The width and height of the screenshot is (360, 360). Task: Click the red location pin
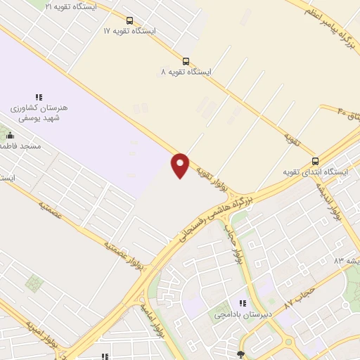click(x=181, y=165)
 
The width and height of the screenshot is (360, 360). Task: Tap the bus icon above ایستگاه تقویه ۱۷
click(x=129, y=21)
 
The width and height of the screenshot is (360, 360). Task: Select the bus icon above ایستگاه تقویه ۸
click(x=186, y=61)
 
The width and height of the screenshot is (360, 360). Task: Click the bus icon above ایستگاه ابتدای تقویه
click(x=315, y=160)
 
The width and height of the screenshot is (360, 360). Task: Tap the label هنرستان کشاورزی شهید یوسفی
click(x=39, y=114)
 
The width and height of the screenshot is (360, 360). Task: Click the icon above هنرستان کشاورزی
click(x=39, y=98)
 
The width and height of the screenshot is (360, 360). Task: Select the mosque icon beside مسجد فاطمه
click(x=9, y=134)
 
